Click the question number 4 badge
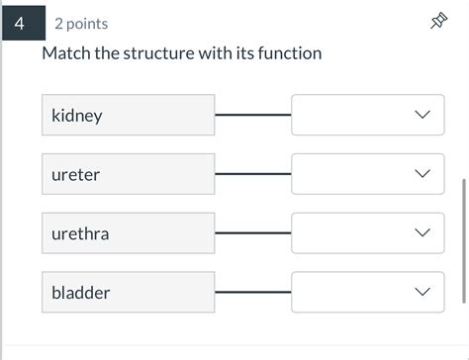(x=21, y=23)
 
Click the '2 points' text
(x=81, y=24)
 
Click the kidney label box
(x=129, y=116)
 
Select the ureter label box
(x=129, y=174)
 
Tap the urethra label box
(x=129, y=233)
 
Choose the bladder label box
(x=129, y=293)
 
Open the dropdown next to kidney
(x=367, y=116)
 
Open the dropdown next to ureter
(x=367, y=174)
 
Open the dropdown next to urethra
(x=367, y=233)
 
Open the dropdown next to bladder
(x=367, y=293)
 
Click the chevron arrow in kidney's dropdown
(x=422, y=116)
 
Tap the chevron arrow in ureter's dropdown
(x=422, y=174)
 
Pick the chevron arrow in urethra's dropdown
(x=422, y=233)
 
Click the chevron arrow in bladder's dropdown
(x=422, y=293)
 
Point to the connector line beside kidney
(x=253, y=116)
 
